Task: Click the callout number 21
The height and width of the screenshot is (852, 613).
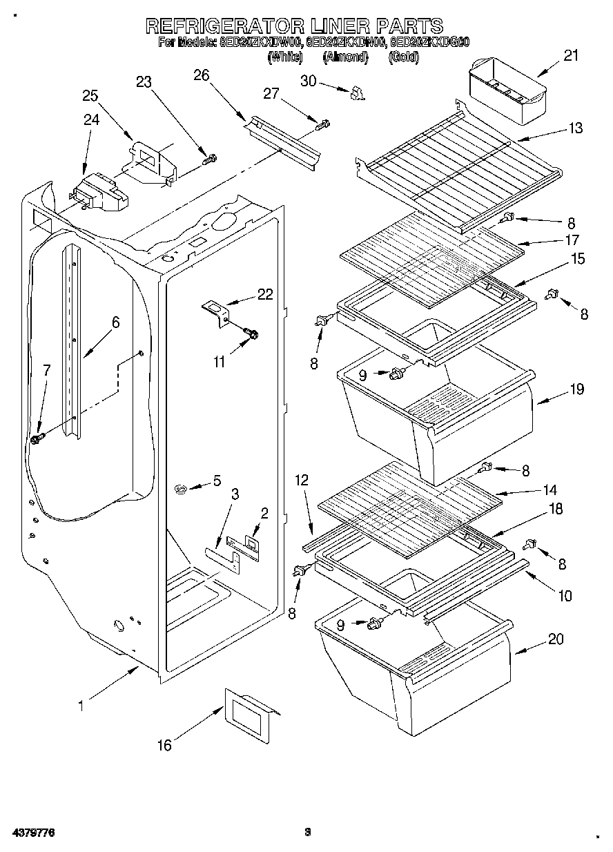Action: tap(570, 56)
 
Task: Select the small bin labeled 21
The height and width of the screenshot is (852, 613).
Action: tap(507, 88)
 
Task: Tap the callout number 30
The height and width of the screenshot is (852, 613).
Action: tap(308, 81)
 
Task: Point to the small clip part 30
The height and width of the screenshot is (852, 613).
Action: tap(356, 93)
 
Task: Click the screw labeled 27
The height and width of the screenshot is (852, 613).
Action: tap(322, 125)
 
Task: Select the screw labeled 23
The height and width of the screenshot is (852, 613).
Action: tap(209, 159)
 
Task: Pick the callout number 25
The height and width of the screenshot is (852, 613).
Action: tap(90, 95)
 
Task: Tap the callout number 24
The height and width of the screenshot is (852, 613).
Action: tap(92, 119)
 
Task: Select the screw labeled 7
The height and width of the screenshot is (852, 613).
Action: tap(37, 438)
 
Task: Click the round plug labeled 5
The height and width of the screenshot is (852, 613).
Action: tap(182, 490)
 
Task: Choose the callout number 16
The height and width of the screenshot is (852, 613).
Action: tap(164, 745)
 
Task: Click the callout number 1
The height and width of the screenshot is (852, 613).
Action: tap(81, 706)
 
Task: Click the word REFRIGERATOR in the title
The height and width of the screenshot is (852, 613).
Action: tap(225, 26)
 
